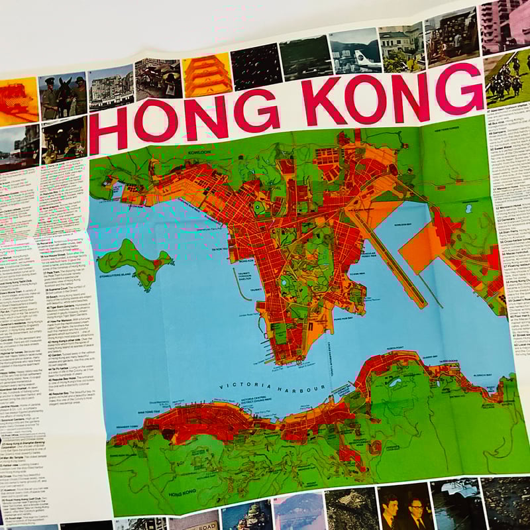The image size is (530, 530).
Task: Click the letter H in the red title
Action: click(x=108, y=129)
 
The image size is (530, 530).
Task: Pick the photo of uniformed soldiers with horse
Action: click(x=63, y=96)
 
